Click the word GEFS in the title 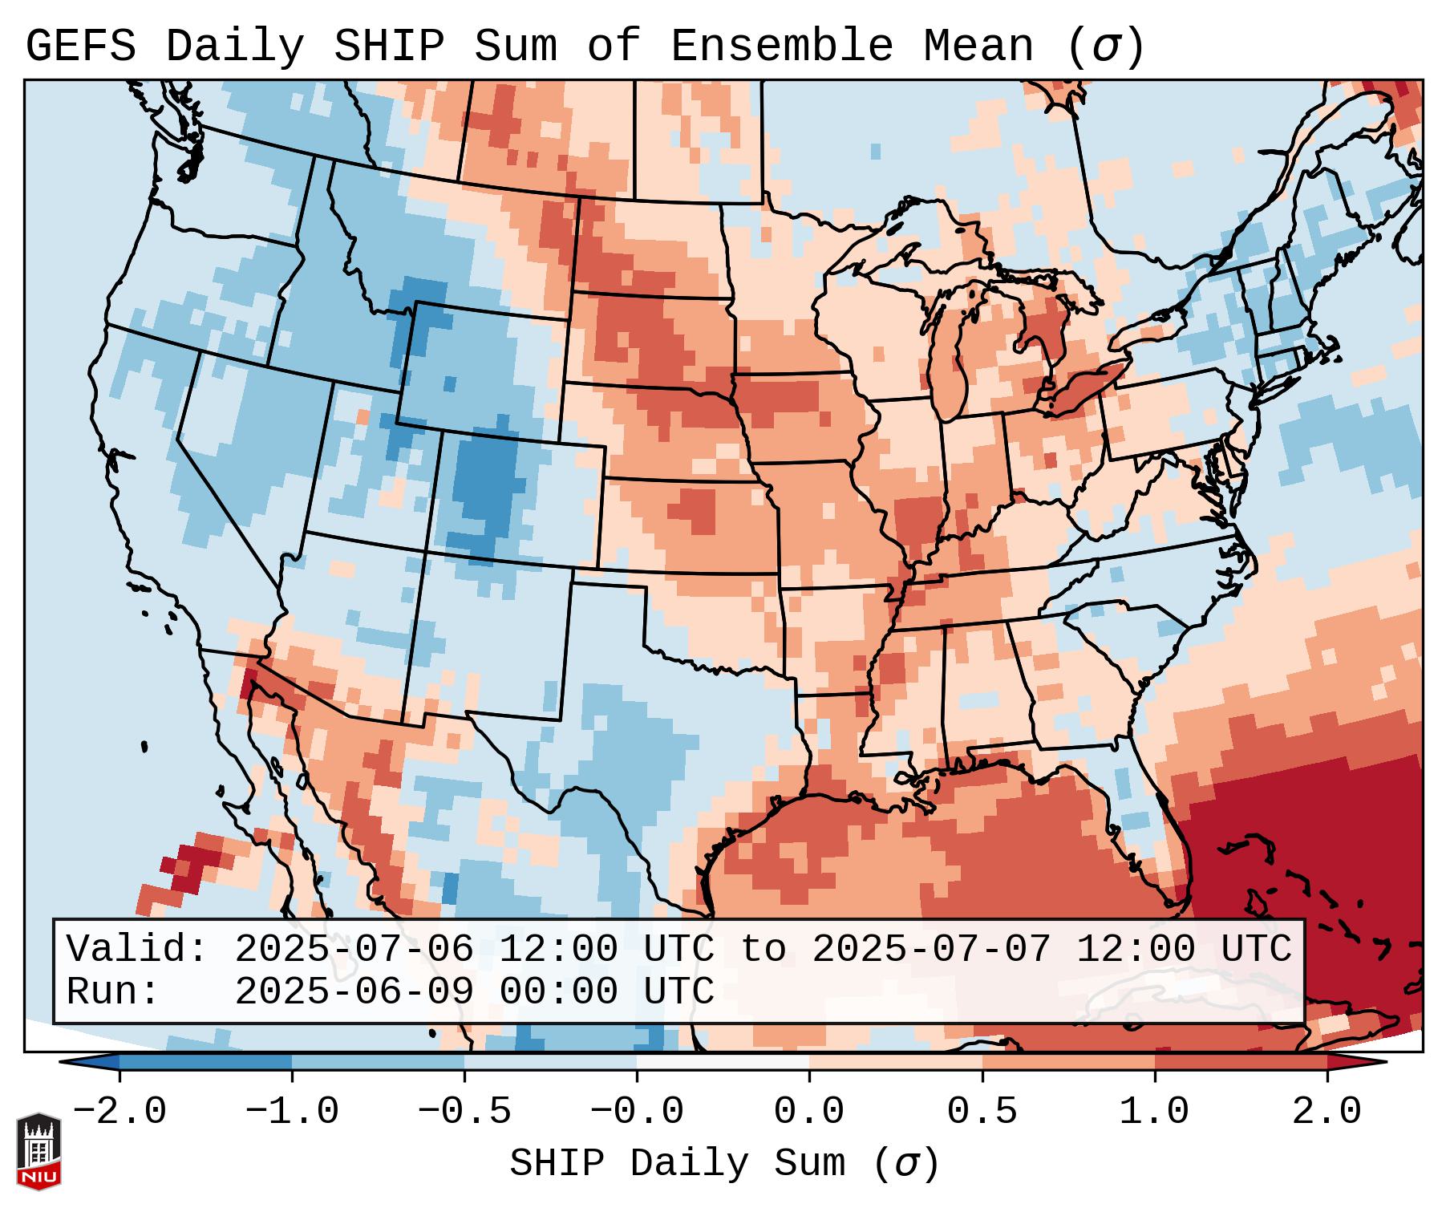coord(80,47)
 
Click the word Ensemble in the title coord(781,47)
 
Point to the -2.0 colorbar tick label coord(119,1112)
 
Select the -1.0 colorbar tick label coord(292,1112)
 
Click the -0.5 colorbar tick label coord(464,1112)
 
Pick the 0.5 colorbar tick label coord(982,1112)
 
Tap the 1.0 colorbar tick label coord(1155,1112)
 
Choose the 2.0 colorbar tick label coord(1327,1112)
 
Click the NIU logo coord(38,1151)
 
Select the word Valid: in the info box coord(137,949)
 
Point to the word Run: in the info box coord(113,991)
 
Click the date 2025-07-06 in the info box coord(354,949)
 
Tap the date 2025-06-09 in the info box coord(354,991)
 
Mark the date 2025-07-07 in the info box coord(932,949)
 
